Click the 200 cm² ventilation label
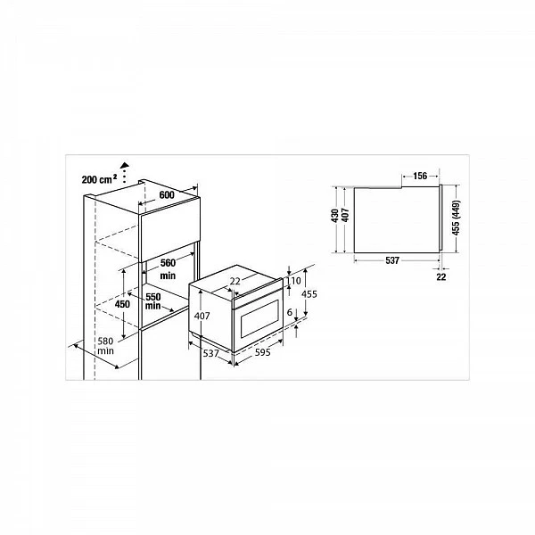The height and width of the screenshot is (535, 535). (x=99, y=179)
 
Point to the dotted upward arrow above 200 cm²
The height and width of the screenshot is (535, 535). (x=125, y=172)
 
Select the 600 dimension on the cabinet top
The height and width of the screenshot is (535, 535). (x=167, y=194)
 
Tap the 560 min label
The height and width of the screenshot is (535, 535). (x=168, y=269)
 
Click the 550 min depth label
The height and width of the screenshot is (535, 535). (x=152, y=300)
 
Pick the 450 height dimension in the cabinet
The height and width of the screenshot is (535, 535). (x=122, y=304)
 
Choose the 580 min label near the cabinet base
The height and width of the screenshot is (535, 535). (x=105, y=346)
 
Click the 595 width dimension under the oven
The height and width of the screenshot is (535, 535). (x=263, y=352)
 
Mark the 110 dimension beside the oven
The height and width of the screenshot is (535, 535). (x=294, y=281)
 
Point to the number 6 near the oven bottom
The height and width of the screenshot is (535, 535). (x=290, y=312)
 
